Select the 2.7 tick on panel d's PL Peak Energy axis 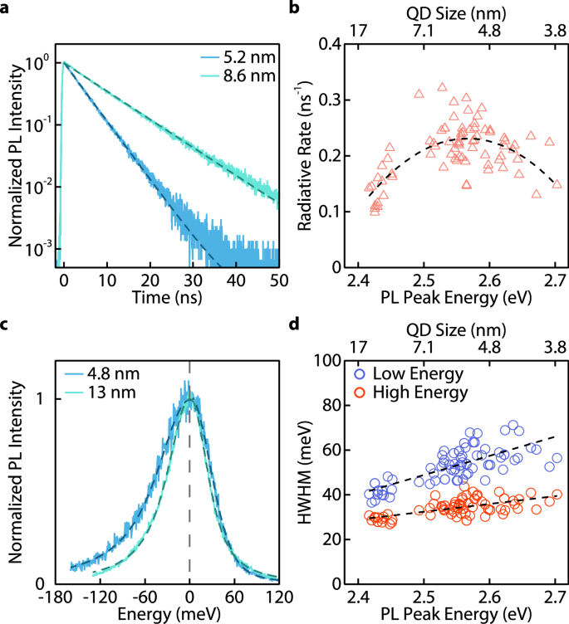point(555,597)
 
